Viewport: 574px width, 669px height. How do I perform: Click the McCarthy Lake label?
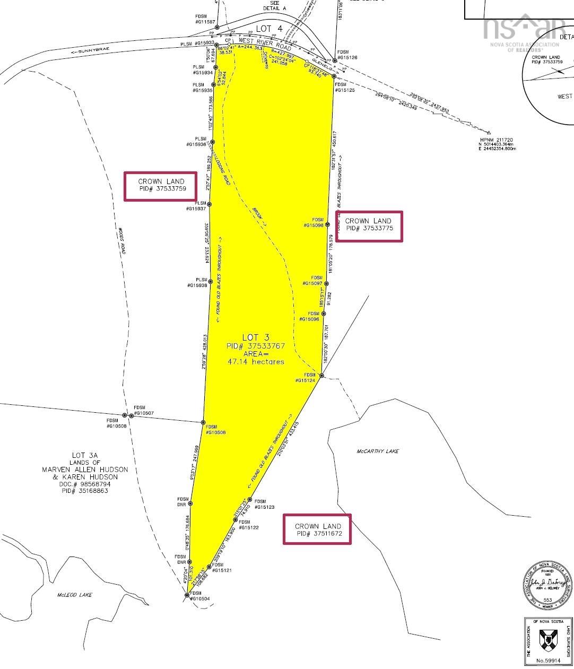click(377, 451)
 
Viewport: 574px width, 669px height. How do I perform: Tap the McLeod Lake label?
click(74, 595)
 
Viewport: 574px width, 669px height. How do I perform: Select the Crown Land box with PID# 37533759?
click(161, 186)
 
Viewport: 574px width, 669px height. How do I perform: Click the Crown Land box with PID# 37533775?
click(369, 226)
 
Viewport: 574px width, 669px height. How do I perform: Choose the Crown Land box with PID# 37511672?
click(317, 529)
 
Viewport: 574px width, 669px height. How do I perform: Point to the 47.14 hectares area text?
click(256, 362)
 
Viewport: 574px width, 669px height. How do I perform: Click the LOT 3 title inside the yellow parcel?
click(256, 337)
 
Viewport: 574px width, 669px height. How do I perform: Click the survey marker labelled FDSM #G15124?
click(321, 376)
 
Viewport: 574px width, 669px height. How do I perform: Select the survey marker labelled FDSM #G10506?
click(203, 422)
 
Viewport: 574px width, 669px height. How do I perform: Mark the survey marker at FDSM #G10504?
click(187, 595)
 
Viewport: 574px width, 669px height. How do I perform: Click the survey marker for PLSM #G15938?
click(210, 282)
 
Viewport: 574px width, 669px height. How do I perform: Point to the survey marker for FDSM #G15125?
click(334, 76)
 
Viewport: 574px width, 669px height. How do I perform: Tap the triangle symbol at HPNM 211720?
click(489, 133)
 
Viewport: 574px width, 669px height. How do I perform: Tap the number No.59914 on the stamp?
click(549, 661)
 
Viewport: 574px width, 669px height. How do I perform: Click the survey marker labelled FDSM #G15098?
click(328, 224)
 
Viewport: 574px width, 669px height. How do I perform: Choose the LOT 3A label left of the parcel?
click(85, 455)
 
